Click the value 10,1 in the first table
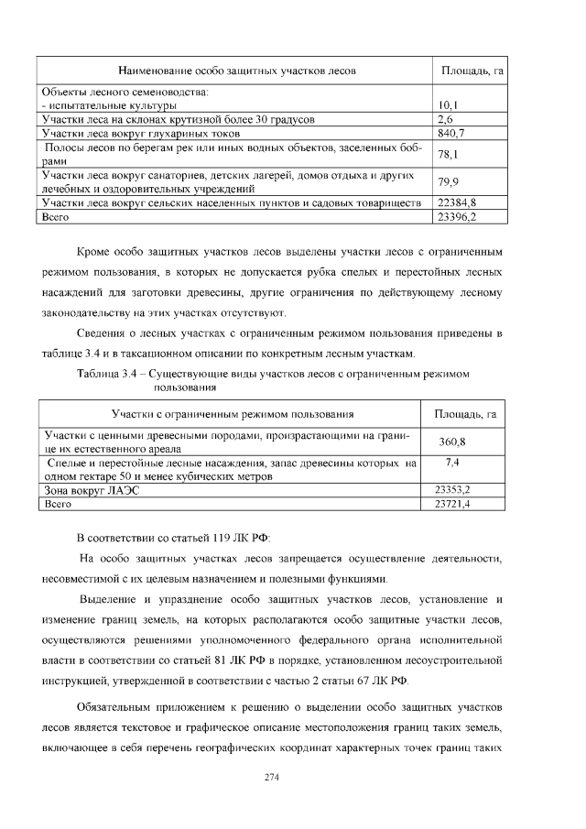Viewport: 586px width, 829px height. point(448,106)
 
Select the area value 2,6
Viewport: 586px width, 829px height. point(445,119)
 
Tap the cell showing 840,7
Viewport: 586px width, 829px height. point(450,133)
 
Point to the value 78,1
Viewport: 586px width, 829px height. point(448,154)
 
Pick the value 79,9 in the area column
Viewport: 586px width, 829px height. point(448,181)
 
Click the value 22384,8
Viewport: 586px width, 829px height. point(457,202)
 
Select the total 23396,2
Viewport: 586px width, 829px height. point(457,216)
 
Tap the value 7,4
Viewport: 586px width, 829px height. point(451,464)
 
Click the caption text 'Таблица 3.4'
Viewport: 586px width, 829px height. point(110,374)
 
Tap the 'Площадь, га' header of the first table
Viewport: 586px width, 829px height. point(472,71)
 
